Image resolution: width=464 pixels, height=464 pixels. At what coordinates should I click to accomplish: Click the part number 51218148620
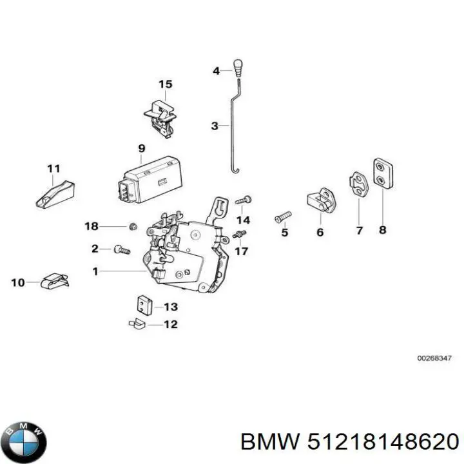(383, 442)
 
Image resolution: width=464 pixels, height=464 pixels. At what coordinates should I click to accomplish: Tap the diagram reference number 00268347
(434, 358)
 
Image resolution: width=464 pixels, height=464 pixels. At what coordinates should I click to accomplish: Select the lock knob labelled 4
(238, 68)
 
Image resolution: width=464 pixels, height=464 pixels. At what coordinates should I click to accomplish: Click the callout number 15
(166, 84)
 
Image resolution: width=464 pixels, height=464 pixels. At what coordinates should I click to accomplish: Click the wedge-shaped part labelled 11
(55, 194)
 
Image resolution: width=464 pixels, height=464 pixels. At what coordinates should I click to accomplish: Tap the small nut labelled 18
(133, 226)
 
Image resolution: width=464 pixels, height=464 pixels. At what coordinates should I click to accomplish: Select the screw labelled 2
(122, 249)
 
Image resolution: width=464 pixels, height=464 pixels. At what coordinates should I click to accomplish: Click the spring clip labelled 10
(55, 281)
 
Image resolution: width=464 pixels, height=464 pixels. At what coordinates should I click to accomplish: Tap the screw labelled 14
(244, 200)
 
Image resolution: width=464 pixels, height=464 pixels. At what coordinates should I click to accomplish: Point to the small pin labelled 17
(239, 234)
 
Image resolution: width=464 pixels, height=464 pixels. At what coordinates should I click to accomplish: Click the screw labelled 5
(283, 217)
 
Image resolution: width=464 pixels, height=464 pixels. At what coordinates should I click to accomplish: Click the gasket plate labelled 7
(358, 184)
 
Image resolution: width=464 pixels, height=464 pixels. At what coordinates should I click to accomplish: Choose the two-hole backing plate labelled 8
(383, 173)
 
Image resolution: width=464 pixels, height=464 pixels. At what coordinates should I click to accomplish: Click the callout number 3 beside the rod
(215, 126)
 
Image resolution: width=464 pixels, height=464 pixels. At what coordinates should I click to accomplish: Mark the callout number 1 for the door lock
(95, 271)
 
